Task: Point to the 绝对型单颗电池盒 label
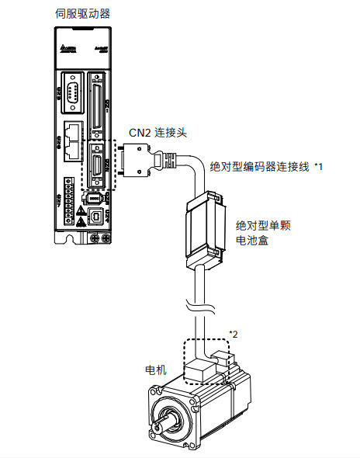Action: tap(262, 231)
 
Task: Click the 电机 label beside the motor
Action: tap(157, 369)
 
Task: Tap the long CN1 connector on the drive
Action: tap(97, 100)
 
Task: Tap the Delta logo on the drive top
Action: tap(65, 52)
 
